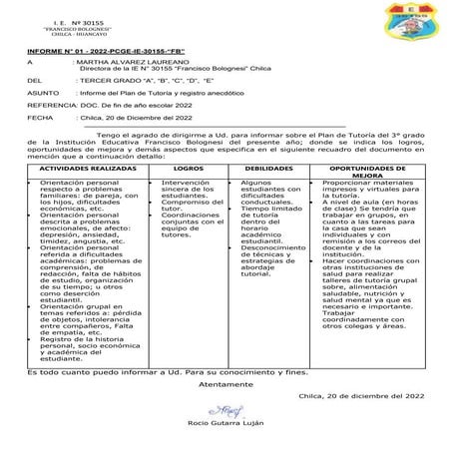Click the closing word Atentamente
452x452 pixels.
pos(225,383)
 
